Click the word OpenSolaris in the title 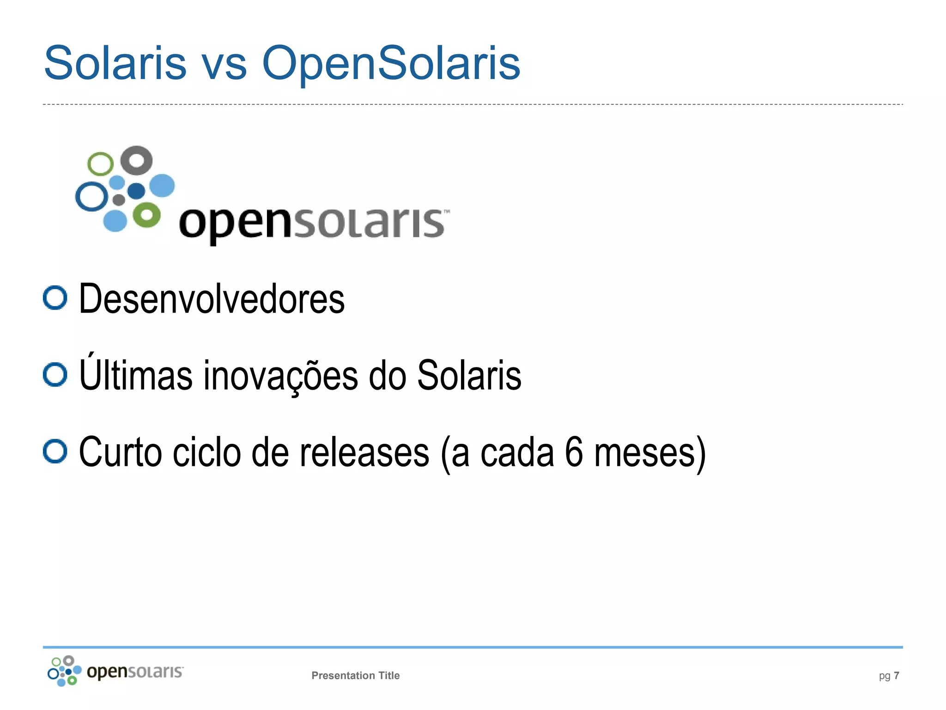(391, 63)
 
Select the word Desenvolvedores (212, 299)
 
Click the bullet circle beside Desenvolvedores (55, 298)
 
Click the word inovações (280, 375)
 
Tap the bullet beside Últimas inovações (55, 374)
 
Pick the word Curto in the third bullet (121, 452)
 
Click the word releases (364, 452)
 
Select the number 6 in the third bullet (574, 452)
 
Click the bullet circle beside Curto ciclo (55, 451)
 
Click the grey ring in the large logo (136, 161)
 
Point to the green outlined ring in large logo (100, 164)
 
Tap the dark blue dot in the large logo (136, 190)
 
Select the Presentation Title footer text (355, 675)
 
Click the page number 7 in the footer (896, 675)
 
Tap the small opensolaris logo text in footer (135, 672)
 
